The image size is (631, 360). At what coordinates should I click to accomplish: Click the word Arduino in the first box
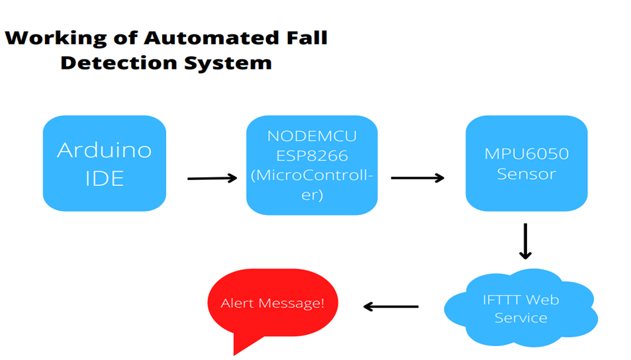coord(104,150)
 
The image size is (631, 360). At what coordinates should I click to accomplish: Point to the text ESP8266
coord(311,156)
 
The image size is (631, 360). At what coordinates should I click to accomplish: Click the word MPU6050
coord(526,154)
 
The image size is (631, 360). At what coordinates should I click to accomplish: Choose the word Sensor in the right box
coord(526,174)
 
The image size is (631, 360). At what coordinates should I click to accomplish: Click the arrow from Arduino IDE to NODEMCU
coord(212,178)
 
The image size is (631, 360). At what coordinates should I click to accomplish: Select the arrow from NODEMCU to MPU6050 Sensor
coord(417,178)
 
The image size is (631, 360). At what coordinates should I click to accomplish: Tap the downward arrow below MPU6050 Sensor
coord(525,241)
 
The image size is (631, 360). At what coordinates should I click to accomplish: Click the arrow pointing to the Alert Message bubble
coord(391,306)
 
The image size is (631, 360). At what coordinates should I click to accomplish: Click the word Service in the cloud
coord(520,318)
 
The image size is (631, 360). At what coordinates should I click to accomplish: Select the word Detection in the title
coord(121,63)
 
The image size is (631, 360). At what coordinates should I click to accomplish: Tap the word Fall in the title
coord(303,37)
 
